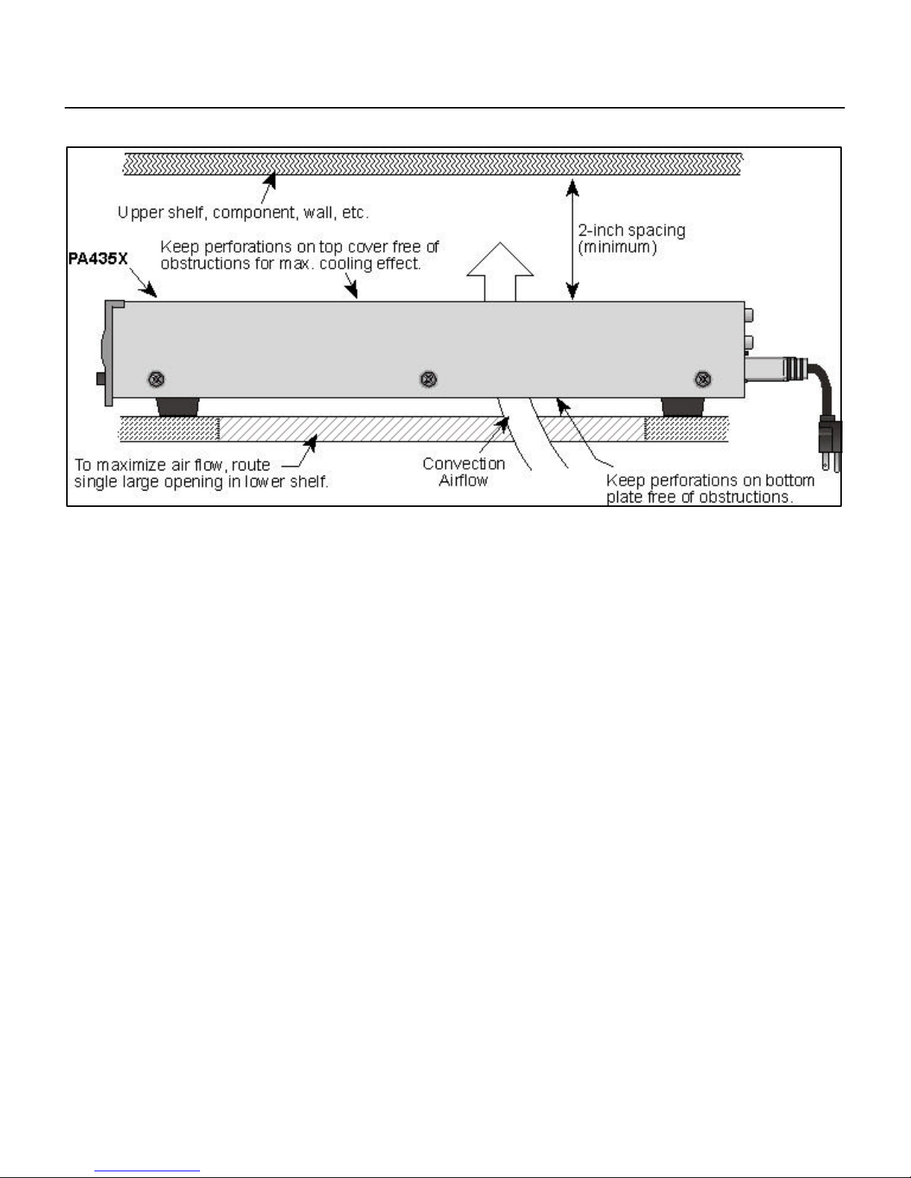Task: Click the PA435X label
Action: [x=103, y=262]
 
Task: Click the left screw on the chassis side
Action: [x=156, y=379]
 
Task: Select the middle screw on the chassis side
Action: [x=428, y=379]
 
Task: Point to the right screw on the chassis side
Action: [x=702, y=380]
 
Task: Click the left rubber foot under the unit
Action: [x=178, y=407]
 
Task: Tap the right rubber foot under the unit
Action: [x=684, y=407]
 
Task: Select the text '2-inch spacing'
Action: [x=631, y=230]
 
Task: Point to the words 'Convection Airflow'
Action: [x=463, y=472]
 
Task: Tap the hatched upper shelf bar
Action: [x=431, y=164]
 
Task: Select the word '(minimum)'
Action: [x=617, y=248]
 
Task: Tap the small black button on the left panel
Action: [x=100, y=378]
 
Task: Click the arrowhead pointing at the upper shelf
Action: [x=272, y=179]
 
